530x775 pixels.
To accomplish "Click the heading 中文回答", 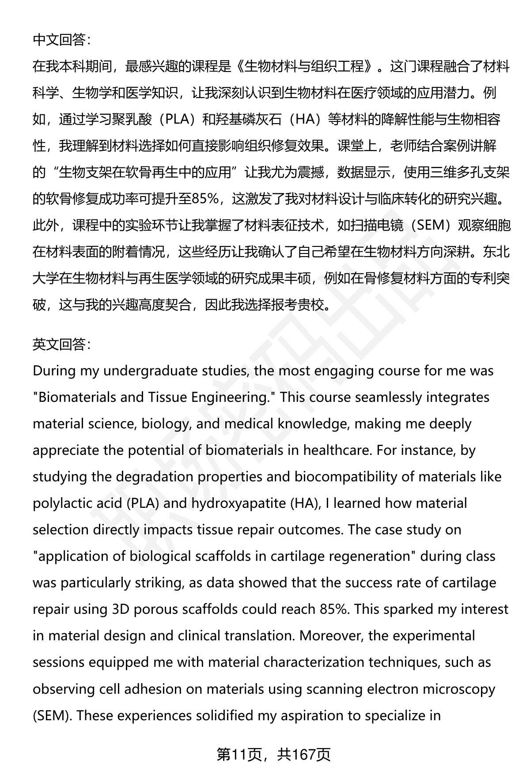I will pyautogui.click(x=61, y=40).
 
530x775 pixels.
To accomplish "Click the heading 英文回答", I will pyautogui.click(x=61, y=344).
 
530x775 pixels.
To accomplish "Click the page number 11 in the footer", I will pyautogui.click(x=238, y=755).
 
